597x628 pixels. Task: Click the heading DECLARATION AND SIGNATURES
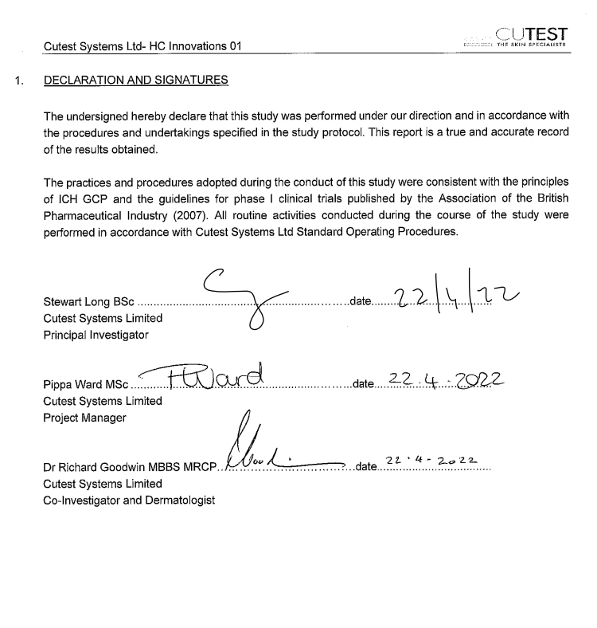136,80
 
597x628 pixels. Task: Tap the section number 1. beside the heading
18,80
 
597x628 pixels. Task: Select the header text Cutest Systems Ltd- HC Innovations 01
142,47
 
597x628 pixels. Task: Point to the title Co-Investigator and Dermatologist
129,500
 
